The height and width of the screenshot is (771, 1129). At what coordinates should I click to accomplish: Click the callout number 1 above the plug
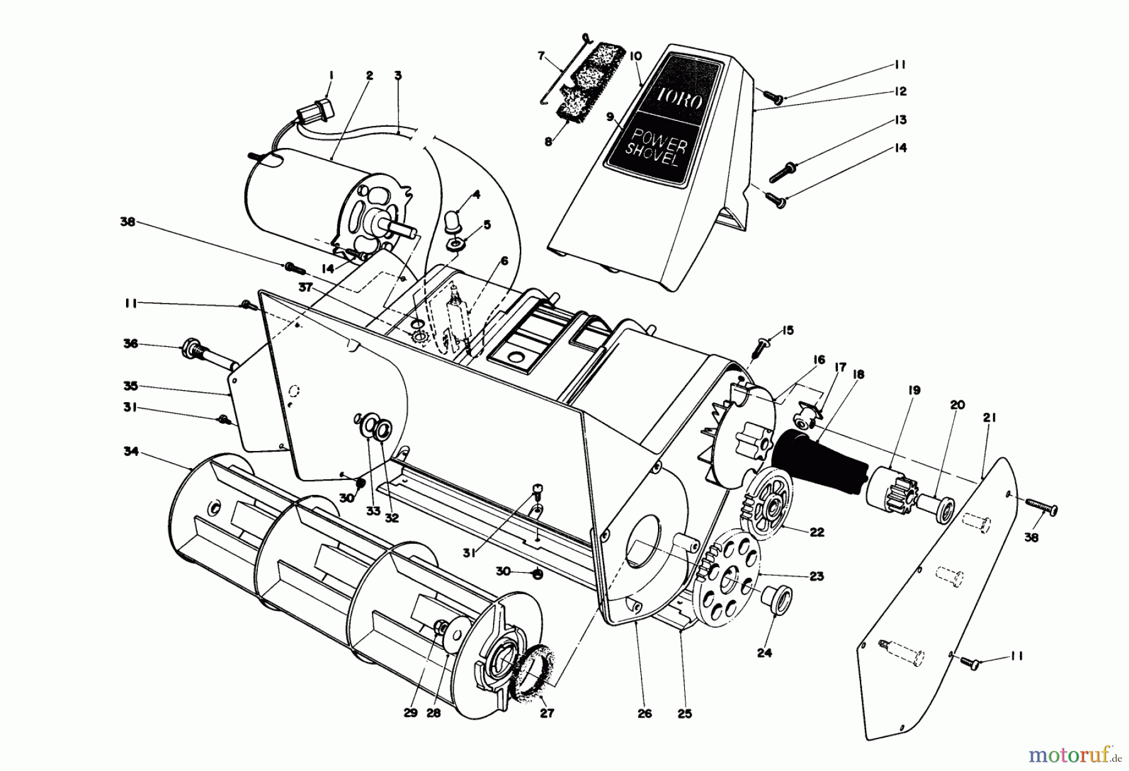coord(331,75)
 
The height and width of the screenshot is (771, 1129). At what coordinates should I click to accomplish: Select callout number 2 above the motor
coord(369,75)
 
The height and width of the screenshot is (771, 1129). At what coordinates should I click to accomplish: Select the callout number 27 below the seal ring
coord(547,713)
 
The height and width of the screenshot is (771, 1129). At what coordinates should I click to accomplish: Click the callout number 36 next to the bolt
coord(130,344)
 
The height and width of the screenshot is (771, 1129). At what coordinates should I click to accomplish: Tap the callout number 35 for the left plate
coord(130,386)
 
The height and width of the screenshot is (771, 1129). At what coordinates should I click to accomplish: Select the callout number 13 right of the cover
coord(900,120)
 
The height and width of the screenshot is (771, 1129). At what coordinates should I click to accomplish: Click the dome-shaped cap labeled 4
coord(453,220)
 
